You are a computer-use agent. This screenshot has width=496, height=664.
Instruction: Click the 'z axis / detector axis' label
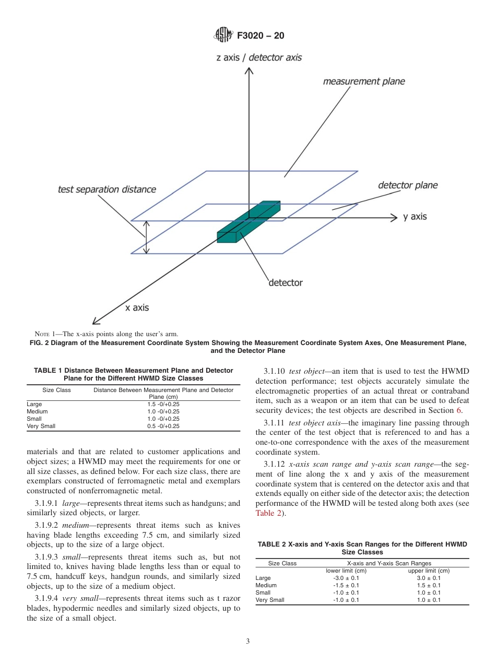click(259, 57)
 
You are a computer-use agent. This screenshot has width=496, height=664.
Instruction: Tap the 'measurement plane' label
click(363, 81)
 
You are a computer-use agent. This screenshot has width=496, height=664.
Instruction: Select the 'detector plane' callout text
click(407, 185)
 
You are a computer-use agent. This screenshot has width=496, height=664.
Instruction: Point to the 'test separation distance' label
click(107, 189)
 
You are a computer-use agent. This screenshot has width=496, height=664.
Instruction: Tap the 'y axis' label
click(415, 217)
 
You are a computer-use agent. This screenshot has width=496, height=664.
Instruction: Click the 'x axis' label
click(137, 307)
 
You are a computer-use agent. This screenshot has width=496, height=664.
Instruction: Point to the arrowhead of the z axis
click(249, 72)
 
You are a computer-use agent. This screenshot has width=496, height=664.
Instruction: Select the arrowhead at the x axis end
click(96, 322)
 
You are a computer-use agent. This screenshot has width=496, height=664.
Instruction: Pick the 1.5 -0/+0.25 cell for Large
click(163, 404)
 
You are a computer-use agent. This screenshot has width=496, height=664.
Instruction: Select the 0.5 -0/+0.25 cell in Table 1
click(163, 426)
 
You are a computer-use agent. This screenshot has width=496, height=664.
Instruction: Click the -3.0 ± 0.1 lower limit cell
click(346, 578)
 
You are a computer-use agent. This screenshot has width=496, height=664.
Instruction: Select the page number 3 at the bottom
click(247, 642)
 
